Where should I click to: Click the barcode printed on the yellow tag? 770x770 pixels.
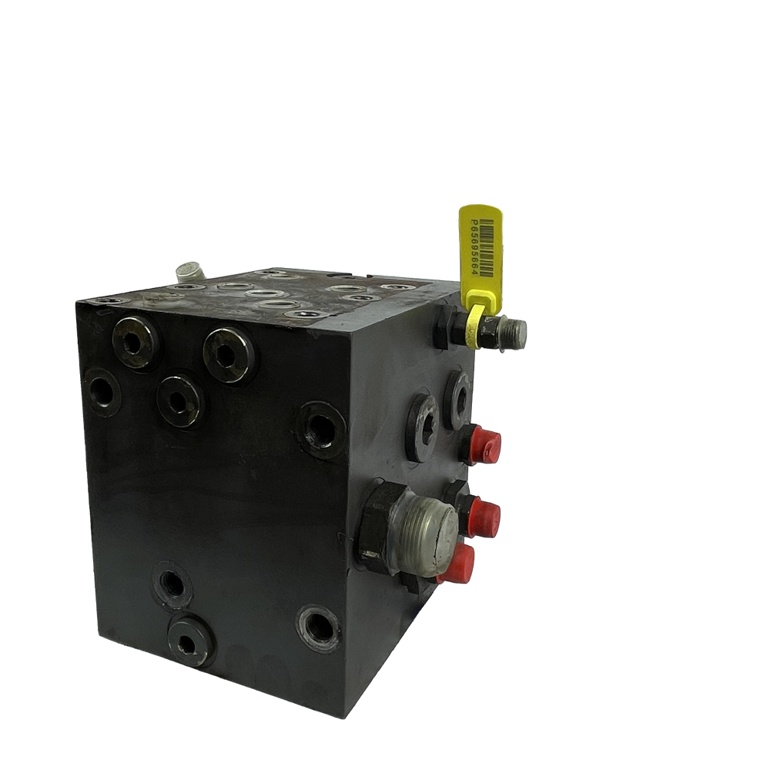pyautogui.click(x=486, y=249)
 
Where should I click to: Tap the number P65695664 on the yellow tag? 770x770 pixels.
pyautogui.click(x=474, y=247)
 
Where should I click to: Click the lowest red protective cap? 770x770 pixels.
pyautogui.click(x=457, y=563)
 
